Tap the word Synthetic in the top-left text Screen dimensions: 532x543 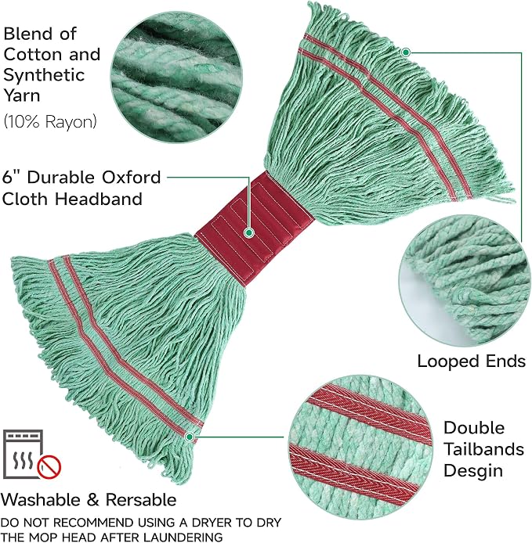(x=44, y=75)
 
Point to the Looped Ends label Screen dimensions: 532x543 (x=472, y=361)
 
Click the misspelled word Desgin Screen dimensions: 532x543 (x=473, y=471)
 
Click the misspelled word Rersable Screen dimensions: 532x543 (x=141, y=500)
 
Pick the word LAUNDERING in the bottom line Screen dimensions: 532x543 (x=183, y=537)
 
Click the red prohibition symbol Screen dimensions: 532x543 (x=49, y=467)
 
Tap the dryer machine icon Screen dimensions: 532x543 (x=24, y=454)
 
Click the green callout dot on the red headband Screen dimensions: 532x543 (x=248, y=232)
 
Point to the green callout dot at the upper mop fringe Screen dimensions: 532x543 (x=406, y=52)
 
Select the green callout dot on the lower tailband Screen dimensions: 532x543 (x=190, y=437)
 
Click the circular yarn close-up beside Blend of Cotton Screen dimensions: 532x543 (x=176, y=77)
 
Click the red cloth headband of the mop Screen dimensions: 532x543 (x=254, y=228)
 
